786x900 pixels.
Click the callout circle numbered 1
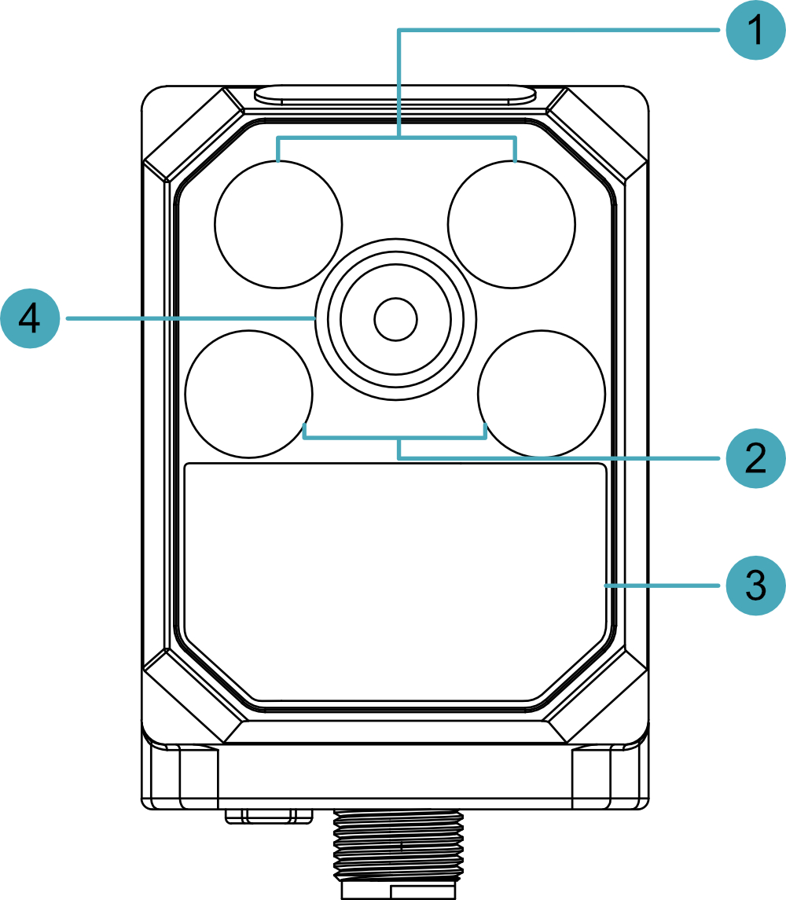coord(755,30)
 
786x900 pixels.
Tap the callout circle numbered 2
coord(755,458)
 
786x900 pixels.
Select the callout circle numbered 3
coord(755,586)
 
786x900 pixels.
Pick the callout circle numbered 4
coord(30,318)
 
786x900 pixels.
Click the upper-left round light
coord(278,224)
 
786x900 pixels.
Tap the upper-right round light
coord(512,224)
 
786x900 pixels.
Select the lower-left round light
coord(249,394)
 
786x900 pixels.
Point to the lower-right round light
coord(542,394)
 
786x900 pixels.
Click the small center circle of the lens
coord(395,318)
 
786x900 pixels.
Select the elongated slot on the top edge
coord(396,95)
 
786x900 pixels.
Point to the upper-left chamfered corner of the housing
coord(194,134)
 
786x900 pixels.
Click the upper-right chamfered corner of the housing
coord(597,134)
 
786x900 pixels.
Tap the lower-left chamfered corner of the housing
coord(194,696)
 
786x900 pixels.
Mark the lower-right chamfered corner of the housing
coord(597,696)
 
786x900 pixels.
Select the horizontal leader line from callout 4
coord(191,318)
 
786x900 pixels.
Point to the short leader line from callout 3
coord(662,586)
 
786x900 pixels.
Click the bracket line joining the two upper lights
coord(397,138)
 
